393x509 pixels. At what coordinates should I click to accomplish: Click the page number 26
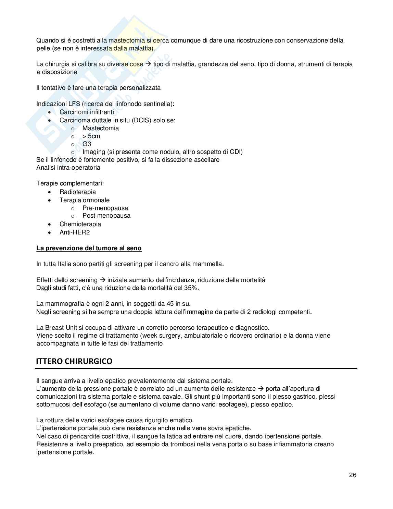[x=353, y=475]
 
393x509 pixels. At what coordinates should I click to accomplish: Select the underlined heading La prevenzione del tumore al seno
[x=89, y=248]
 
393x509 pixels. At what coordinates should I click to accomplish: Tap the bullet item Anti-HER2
[x=75, y=232]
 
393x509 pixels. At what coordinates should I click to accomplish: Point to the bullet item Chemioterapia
[x=80, y=224]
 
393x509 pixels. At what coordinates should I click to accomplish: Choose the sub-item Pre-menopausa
[x=105, y=208]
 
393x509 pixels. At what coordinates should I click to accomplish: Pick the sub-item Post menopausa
[x=106, y=216]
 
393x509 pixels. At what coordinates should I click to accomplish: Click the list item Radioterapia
[x=77, y=192]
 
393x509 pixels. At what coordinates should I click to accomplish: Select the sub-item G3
[x=87, y=144]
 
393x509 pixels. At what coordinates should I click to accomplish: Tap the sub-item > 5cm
[x=91, y=136]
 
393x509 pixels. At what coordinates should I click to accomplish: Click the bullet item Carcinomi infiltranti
[x=87, y=112]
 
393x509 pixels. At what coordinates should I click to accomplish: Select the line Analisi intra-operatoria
[x=68, y=168]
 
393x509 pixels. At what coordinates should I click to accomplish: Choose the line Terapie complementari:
[x=70, y=183]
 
